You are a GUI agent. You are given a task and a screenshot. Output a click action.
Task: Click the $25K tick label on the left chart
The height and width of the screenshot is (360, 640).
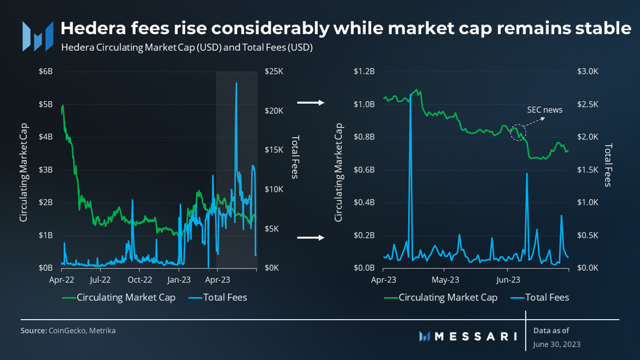click(x=274, y=71)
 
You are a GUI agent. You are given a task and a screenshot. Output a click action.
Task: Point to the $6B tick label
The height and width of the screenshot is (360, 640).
click(x=45, y=71)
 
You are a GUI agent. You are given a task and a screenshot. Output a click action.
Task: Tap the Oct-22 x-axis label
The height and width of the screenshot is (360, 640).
click(x=140, y=280)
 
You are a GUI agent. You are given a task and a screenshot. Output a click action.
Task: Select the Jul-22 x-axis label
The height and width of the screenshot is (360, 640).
click(x=100, y=280)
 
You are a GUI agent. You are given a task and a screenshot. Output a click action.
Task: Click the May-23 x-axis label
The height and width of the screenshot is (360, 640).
click(x=445, y=280)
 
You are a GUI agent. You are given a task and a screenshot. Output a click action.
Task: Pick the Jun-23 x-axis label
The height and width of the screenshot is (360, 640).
click(x=508, y=280)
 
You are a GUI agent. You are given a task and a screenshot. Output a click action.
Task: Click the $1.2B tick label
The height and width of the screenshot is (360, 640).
click(x=364, y=71)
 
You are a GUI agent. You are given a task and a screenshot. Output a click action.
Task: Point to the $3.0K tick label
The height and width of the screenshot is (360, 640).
click(x=588, y=71)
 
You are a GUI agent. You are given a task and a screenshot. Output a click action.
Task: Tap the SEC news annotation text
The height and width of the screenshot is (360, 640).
click(x=545, y=110)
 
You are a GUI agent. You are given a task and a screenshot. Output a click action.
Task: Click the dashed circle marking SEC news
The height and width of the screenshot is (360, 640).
click(x=518, y=125)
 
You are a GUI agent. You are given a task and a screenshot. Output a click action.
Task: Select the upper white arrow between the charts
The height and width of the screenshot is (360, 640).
click(x=311, y=103)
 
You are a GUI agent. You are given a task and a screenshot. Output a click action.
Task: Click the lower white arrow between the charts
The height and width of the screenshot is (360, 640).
click(x=311, y=238)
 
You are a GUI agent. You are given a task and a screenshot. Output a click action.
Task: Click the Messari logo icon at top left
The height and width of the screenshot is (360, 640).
click(x=38, y=36)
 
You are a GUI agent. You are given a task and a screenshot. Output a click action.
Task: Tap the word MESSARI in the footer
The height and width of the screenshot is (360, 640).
click(x=476, y=337)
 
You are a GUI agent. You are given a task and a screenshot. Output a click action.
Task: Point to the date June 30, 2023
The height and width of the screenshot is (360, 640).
click(x=557, y=344)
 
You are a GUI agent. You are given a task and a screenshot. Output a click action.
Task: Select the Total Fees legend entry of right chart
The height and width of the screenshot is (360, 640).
click(x=540, y=298)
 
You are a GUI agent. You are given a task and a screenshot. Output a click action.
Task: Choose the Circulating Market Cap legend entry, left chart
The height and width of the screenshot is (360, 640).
click(x=119, y=298)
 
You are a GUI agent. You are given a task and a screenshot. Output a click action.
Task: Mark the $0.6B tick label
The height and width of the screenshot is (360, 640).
click(x=364, y=170)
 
